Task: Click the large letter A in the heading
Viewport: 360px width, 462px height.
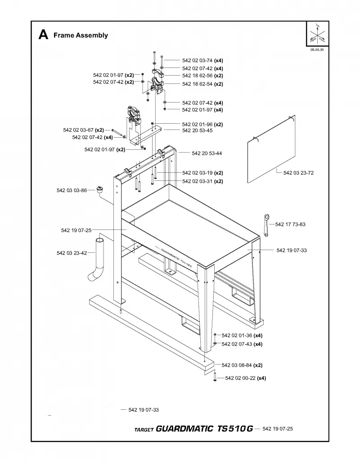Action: pos(43,35)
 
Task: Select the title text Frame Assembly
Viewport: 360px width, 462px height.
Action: pos(81,36)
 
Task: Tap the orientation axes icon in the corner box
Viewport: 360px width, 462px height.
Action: pos(317,34)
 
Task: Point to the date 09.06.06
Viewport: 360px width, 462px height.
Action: pos(317,50)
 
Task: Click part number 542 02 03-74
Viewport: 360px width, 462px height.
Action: pos(197,60)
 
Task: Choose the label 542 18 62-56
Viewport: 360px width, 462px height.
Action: pos(197,76)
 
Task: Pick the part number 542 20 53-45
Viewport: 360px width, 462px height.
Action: pos(197,130)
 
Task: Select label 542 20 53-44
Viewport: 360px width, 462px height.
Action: pos(207,153)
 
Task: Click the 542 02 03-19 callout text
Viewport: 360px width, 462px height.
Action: pos(197,173)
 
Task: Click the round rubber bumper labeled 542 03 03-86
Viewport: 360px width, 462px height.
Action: pos(100,189)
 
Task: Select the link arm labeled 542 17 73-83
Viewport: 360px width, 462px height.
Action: pos(266,225)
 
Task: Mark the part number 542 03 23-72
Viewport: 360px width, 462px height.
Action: pos(299,173)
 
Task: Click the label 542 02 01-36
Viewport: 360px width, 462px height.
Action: pos(237,336)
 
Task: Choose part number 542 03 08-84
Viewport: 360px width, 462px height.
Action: pos(237,365)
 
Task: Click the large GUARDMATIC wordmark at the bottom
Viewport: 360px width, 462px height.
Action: pos(184,428)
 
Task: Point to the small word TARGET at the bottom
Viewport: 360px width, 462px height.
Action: pos(144,430)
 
